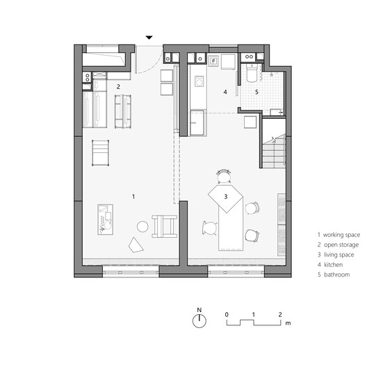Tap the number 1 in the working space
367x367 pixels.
[133, 197]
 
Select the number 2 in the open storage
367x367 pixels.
[118, 86]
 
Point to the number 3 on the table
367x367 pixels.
[226, 197]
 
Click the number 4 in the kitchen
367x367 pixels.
[225, 92]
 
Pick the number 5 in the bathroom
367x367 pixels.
[256, 92]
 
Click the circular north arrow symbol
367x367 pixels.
[199, 321]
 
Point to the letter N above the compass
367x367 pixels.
[199, 309]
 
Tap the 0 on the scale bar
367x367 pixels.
[227, 314]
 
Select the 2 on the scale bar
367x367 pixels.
[279, 314]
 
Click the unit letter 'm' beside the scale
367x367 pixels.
[288, 324]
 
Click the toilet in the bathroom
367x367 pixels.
[251, 74]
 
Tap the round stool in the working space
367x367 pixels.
[142, 226]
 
